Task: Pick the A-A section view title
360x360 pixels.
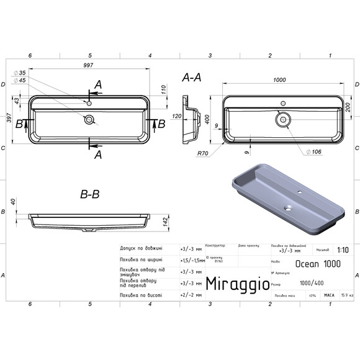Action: [192, 78]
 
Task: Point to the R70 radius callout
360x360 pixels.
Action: [202, 153]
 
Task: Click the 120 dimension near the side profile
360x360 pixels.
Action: [176, 116]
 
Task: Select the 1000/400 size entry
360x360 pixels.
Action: [308, 282]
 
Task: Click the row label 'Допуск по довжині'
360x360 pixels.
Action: [141, 248]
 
